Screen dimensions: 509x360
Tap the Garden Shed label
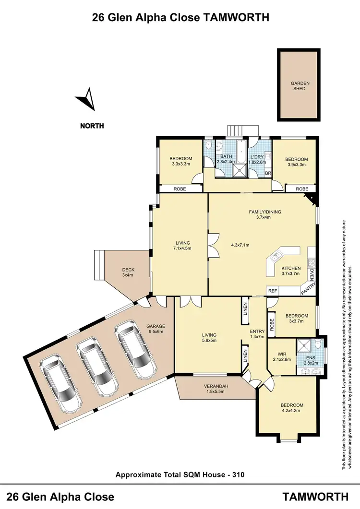click(x=300, y=86)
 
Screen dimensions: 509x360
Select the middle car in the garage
click(x=98, y=367)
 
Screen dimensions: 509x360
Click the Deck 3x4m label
click(x=127, y=272)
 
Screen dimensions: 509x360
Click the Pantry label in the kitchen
click(x=307, y=288)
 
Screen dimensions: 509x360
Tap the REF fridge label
click(x=273, y=291)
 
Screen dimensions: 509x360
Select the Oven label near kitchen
click(x=312, y=275)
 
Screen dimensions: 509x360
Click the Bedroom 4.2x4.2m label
click(x=292, y=408)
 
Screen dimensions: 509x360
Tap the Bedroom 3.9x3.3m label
click(x=296, y=162)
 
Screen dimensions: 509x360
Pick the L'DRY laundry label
click(x=258, y=159)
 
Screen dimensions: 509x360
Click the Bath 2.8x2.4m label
click(x=226, y=159)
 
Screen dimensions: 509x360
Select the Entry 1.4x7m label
click(x=257, y=334)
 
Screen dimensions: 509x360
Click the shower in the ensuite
click(x=304, y=344)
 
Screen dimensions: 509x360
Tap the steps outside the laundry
click(x=237, y=130)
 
